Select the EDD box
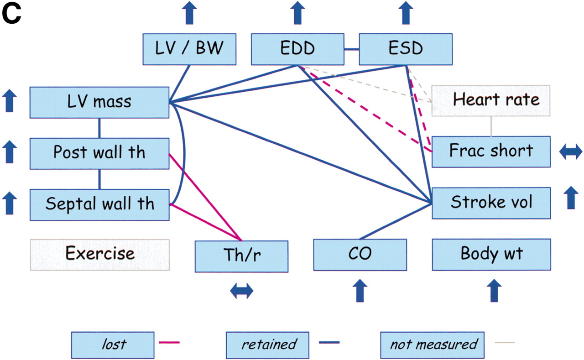(x=297, y=48)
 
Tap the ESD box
(x=406, y=48)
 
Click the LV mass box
(x=99, y=102)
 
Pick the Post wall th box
(x=99, y=152)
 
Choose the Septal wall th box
(x=99, y=203)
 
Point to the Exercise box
(x=99, y=255)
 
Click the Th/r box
(x=241, y=256)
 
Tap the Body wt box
(x=491, y=255)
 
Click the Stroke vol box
(x=491, y=202)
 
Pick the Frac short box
(x=491, y=151)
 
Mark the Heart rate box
(x=491, y=100)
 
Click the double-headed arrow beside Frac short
(x=570, y=152)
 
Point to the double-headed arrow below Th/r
(x=241, y=291)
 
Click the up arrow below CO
(x=360, y=291)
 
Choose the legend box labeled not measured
(x=433, y=344)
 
